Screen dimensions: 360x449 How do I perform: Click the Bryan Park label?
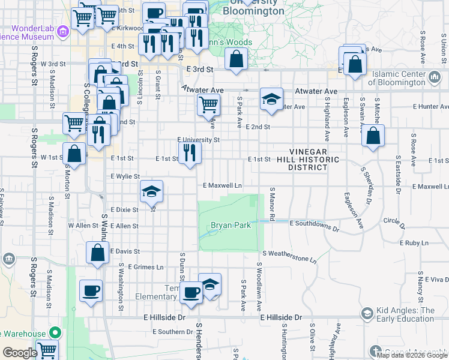click(229, 226)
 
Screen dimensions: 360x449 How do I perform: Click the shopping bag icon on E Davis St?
click(97, 253)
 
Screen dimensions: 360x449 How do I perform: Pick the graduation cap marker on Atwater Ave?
click(271, 99)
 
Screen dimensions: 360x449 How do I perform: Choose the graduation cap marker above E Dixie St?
click(151, 191)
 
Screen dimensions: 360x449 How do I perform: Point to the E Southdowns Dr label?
click(314, 223)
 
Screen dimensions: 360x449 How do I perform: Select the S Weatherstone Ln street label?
click(289, 257)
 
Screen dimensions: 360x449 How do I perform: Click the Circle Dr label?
click(394, 221)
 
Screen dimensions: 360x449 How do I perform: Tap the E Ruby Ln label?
click(415, 243)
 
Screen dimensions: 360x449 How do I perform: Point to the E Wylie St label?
click(125, 176)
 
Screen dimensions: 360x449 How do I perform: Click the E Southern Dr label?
click(172, 331)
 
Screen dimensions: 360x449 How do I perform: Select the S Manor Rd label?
click(272, 202)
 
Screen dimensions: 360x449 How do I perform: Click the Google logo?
click(20, 353)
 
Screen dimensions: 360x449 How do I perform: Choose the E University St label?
click(199, 140)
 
